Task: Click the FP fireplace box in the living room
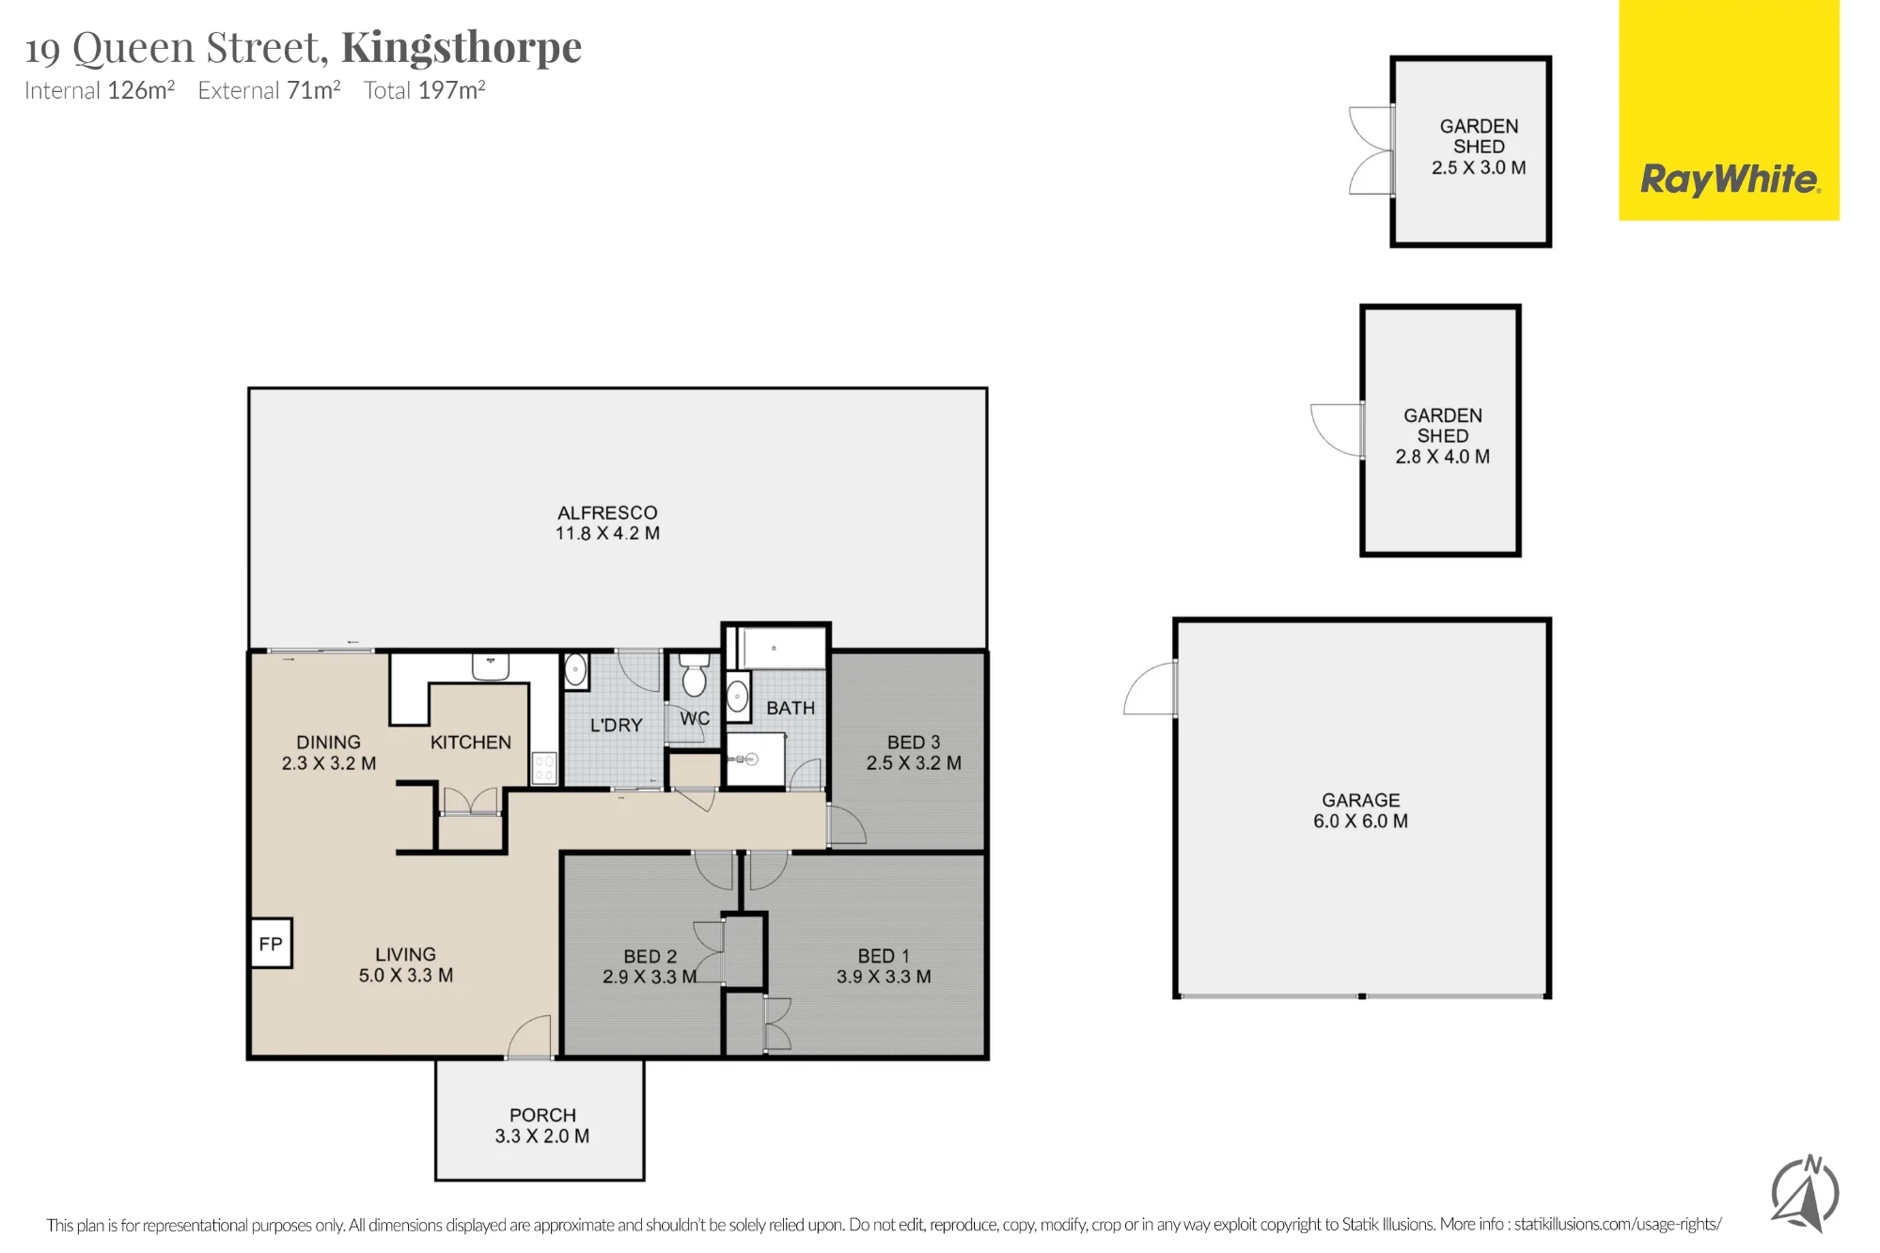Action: tap(271, 943)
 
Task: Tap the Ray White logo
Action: tap(1730, 110)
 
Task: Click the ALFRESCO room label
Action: tap(607, 512)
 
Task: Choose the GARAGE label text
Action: tap(1360, 800)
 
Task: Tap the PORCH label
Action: tap(542, 1115)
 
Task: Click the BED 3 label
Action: tap(914, 743)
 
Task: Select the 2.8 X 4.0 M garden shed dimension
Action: tap(1442, 457)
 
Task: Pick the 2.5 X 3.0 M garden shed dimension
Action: tap(1479, 167)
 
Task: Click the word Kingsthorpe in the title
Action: tap(462, 47)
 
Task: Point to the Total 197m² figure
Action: tap(425, 90)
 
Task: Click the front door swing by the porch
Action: tap(530, 1037)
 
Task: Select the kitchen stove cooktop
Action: tap(544, 767)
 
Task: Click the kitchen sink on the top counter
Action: tap(490, 666)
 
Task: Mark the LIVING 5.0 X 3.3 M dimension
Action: tap(406, 976)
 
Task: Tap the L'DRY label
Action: tap(616, 726)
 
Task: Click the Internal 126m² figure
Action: tap(100, 90)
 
